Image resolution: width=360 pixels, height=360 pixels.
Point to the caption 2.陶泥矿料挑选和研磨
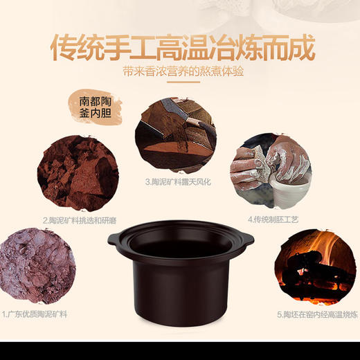tap(78, 219)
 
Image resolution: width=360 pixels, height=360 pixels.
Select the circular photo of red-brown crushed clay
tap(77, 174)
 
